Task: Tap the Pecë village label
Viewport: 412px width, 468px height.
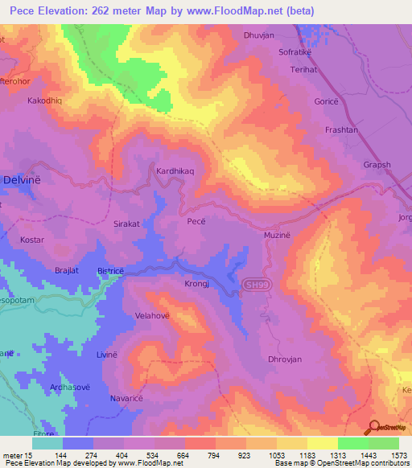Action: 198,220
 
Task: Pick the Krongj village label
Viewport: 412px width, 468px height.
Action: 196,285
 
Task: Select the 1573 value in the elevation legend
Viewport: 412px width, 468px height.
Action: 399,455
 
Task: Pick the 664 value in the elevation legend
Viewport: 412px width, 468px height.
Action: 184,455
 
